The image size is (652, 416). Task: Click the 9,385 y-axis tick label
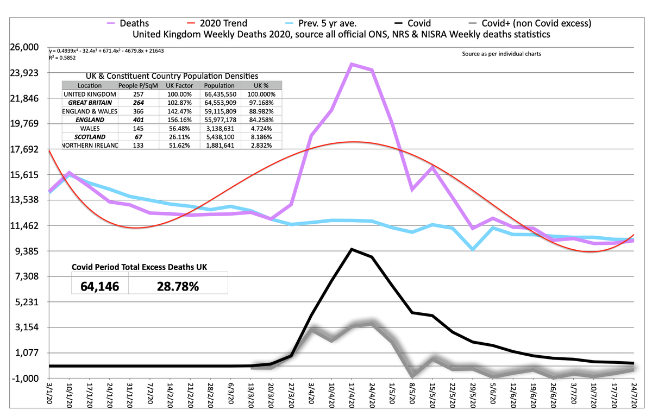tap(24, 251)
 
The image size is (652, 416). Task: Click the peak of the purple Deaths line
tap(352, 64)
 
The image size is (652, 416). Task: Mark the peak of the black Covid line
tap(352, 249)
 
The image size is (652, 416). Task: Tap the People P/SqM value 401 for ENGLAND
tap(137, 119)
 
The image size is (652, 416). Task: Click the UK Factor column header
tap(179, 85)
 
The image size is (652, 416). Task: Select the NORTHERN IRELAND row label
tap(90, 146)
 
